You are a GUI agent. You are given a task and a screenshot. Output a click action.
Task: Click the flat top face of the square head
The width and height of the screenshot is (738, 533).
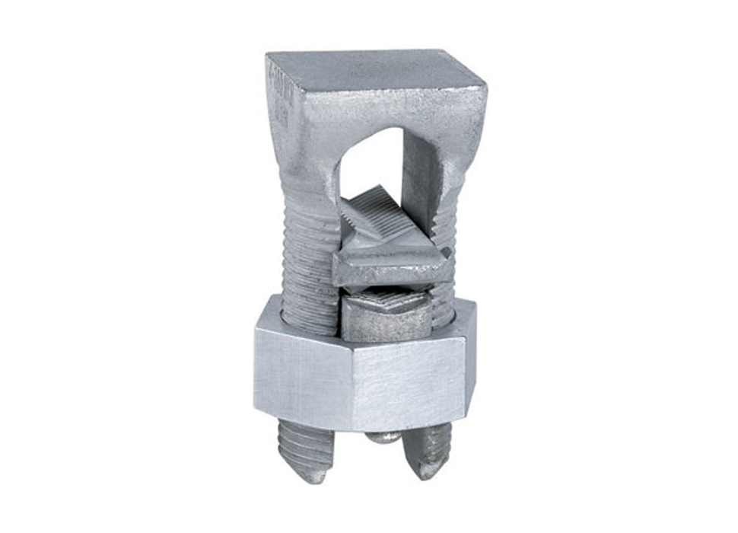click(x=373, y=69)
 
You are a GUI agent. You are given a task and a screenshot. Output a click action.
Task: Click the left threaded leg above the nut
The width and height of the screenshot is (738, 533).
click(x=308, y=266)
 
